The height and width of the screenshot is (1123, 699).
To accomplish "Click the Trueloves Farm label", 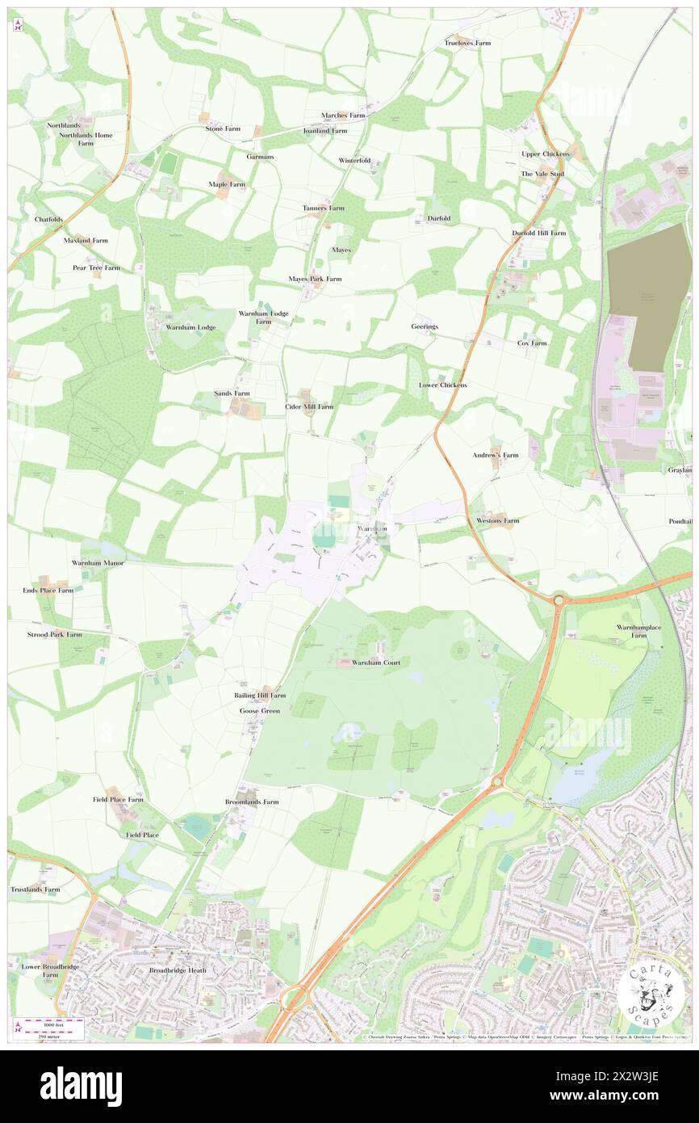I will [467, 42].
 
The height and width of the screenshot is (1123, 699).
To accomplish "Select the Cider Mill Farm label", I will [309, 406].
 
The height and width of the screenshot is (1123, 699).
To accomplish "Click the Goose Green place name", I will [259, 711].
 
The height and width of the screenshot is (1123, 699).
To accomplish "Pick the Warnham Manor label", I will [98, 562].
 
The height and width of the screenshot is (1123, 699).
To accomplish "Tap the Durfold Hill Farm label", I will [539, 233].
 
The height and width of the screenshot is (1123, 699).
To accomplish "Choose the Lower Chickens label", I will [443, 385].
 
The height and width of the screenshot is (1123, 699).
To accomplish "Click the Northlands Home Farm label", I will [86, 139].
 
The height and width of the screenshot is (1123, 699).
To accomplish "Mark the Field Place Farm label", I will [118, 799].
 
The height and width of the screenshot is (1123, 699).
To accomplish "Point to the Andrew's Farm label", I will [496, 456].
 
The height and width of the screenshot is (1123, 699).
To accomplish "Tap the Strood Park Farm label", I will [54, 634].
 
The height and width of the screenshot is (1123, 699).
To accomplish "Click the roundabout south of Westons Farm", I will [559, 600].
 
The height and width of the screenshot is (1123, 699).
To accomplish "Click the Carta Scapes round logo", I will [651, 995].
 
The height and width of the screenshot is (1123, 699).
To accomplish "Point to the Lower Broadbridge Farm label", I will [40, 970].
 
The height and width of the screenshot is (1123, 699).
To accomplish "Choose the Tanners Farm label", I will [324, 208].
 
